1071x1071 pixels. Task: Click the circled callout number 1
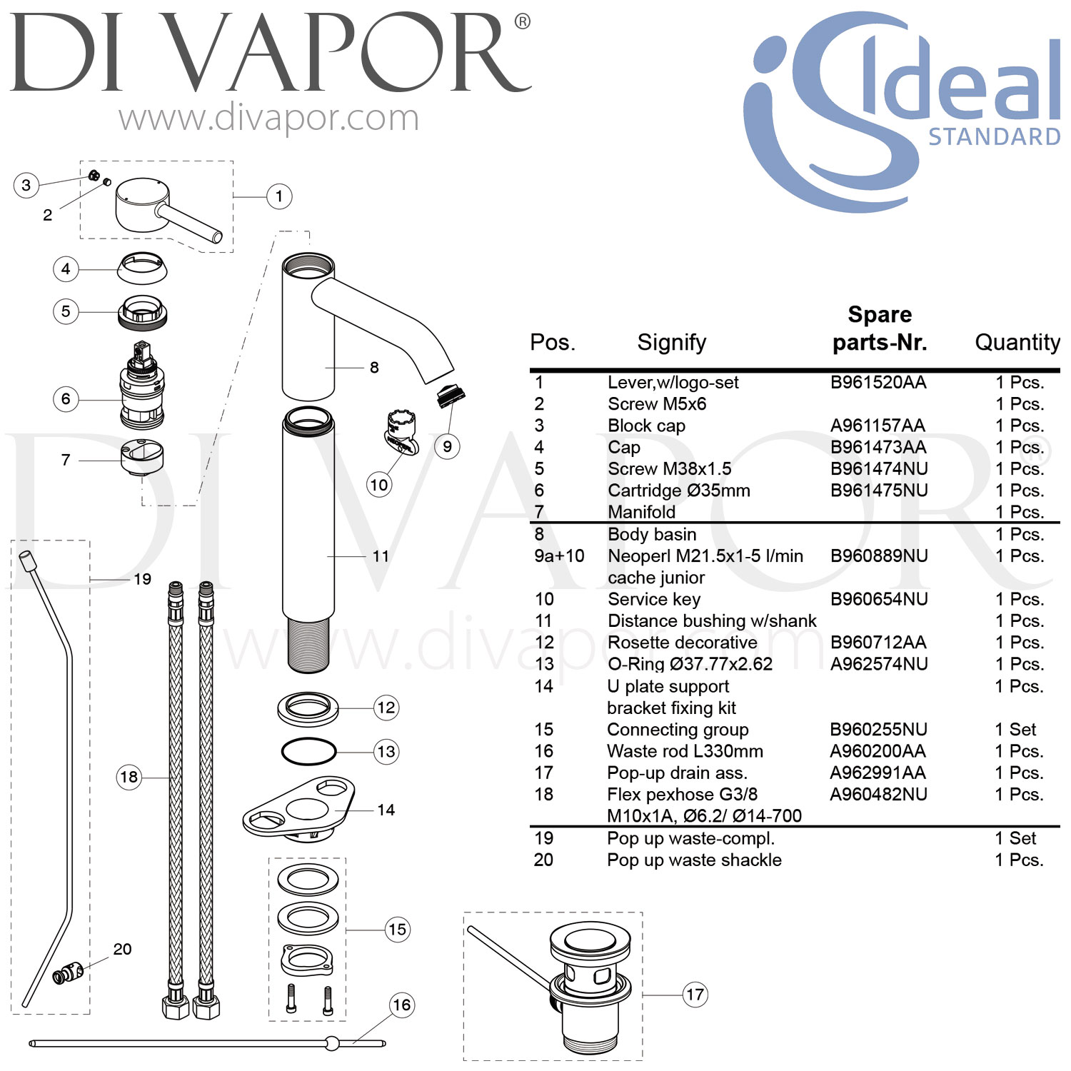(279, 196)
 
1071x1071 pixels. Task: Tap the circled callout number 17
(695, 994)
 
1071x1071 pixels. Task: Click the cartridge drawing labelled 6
(141, 389)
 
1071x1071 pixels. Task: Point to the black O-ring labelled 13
(308, 751)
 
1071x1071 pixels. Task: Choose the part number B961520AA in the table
(878, 383)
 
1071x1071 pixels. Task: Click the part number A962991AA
(878, 773)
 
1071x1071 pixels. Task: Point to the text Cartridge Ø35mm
(678, 491)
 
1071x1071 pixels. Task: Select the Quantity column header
(1017, 343)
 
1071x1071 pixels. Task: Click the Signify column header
(671, 343)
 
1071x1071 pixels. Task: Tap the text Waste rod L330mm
(685, 751)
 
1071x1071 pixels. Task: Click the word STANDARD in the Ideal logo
(994, 136)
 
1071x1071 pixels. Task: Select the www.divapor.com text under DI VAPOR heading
(268, 118)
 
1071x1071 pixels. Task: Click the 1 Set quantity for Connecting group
(1015, 730)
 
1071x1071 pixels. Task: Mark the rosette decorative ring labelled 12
(308, 708)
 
